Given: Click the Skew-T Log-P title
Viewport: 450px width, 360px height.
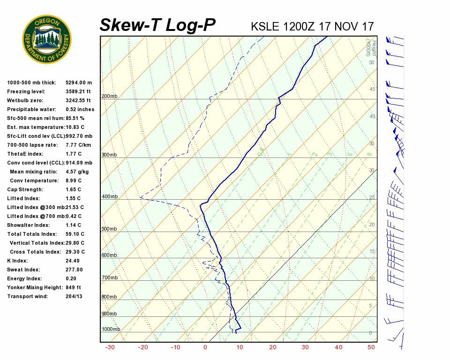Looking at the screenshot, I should pos(157,25).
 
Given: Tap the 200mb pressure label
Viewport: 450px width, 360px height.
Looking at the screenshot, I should pos(109,97).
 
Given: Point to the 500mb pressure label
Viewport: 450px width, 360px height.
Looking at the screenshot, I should pos(109,229).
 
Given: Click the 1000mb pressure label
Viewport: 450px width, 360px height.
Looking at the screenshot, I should pos(111,329).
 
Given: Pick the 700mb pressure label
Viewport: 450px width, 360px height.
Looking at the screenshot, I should pos(109,278).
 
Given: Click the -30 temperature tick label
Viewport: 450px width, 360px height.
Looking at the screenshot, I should pos(110,347).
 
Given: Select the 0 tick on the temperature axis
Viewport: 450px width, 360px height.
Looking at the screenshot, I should pos(205,347).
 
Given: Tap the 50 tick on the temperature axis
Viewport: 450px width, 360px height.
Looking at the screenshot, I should pos(371,347).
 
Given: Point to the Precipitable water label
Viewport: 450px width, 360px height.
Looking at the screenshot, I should pos(32,110).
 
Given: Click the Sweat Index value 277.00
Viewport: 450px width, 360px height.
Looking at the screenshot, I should pos(74,270).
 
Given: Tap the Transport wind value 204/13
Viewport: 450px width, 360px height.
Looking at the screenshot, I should pos(74,297).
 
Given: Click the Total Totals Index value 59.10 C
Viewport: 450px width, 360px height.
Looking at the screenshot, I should pos(75,234).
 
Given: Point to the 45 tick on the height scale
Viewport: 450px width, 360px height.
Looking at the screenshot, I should pos(372,90).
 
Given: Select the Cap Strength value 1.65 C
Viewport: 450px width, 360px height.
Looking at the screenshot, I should pos(73,190).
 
